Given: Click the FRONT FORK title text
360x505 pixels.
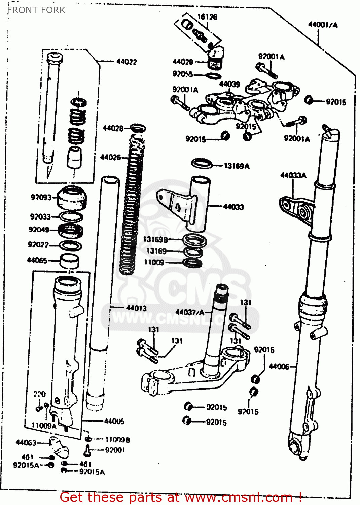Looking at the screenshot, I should (x=36, y=10).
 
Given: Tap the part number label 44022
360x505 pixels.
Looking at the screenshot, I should (x=127, y=62).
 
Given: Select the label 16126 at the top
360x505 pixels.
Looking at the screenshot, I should (x=207, y=17).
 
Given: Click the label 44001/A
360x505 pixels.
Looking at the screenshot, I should (x=323, y=24).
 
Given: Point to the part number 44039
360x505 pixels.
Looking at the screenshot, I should (x=229, y=84).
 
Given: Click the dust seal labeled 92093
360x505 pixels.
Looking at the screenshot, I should (x=72, y=197).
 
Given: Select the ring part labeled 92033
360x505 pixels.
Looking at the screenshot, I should (x=71, y=217).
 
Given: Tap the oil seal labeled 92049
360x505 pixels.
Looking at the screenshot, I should (x=70, y=231).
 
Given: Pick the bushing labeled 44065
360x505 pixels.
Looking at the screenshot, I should (x=70, y=261).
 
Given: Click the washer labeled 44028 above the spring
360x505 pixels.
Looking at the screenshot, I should (x=138, y=128).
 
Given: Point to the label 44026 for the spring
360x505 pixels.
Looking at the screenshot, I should (x=110, y=157).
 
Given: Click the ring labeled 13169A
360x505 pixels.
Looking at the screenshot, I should (x=202, y=164).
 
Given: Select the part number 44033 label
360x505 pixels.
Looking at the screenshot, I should (x=233, y=207).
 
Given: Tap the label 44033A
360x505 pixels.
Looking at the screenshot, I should (x=293, y=175).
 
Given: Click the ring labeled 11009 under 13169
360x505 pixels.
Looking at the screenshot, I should (x=192, y=263).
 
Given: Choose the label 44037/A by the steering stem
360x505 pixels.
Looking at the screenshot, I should (x=190, y=312).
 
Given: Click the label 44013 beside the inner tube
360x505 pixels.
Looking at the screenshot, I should (x=136, y=308).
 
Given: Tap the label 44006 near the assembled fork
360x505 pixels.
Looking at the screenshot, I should (x=279, y=366).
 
